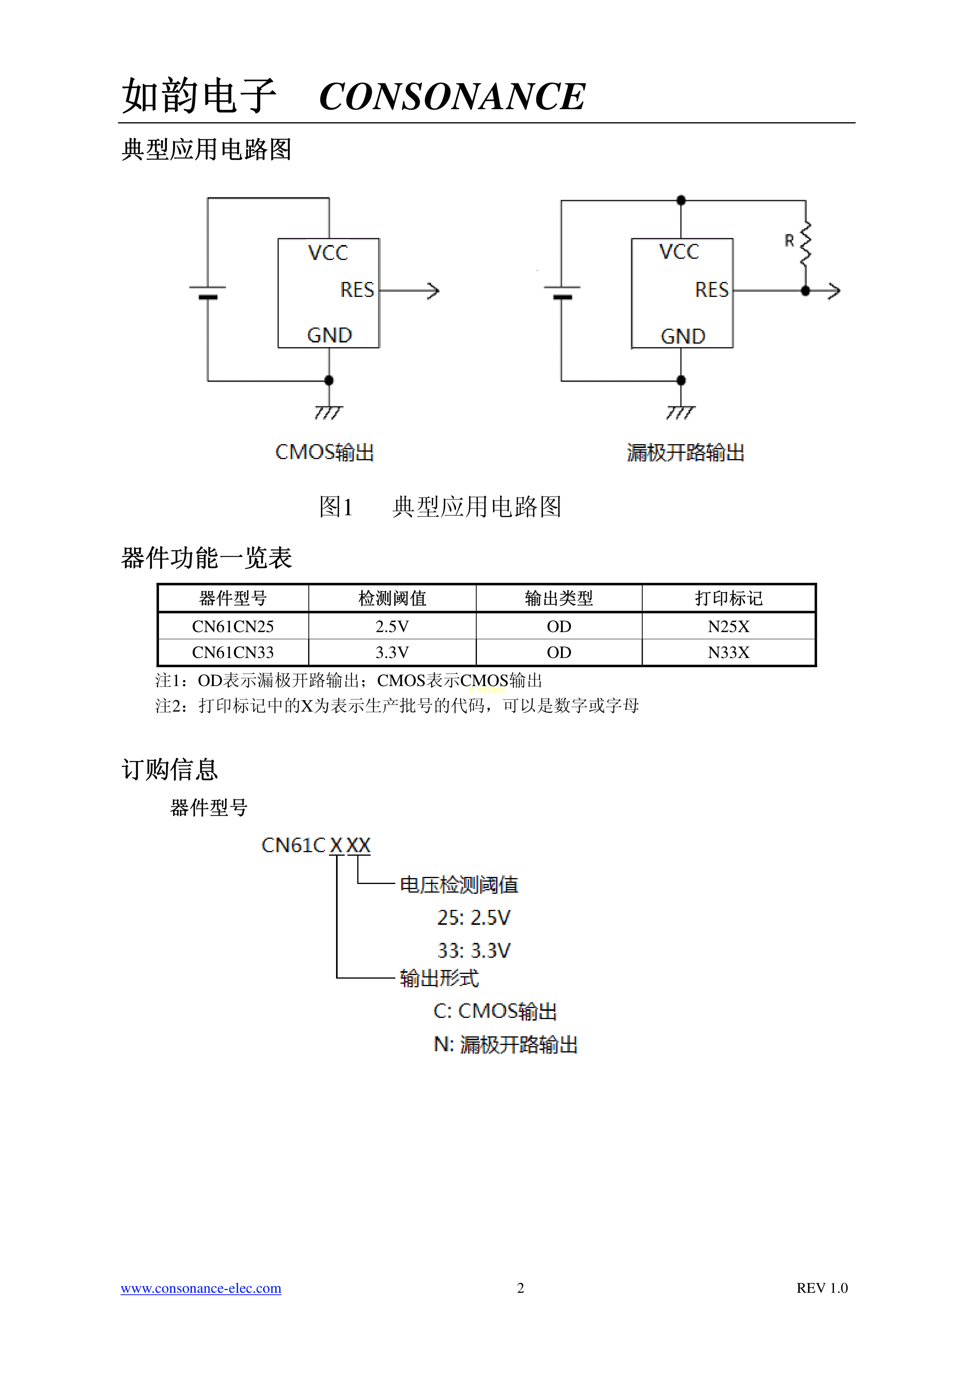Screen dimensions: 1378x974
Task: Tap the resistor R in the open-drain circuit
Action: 805,243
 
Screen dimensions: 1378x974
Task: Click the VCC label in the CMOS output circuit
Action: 328,253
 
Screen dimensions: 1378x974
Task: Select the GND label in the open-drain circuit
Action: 682,336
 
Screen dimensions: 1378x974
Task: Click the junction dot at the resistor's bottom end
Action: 805,291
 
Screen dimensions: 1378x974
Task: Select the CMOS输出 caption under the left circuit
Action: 324,452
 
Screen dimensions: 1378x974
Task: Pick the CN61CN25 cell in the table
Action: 233,627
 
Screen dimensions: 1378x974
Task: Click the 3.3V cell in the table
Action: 392,652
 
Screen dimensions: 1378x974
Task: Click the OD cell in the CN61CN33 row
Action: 559,652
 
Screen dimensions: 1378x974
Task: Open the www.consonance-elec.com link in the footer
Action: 201,1288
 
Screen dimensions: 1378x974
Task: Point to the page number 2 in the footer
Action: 520,1288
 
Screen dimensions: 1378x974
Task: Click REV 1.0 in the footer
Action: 822,1288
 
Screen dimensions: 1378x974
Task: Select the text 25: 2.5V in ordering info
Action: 473,918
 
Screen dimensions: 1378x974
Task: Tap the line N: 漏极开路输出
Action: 505,1045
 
